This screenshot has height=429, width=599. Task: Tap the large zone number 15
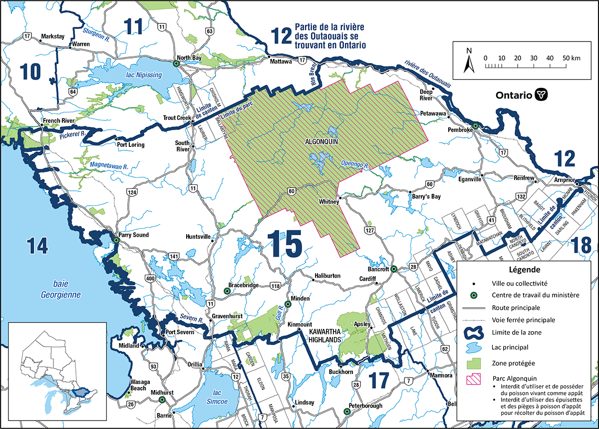point(286,244)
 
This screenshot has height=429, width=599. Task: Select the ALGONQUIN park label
point(322,141)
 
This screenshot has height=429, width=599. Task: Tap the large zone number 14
point(38,245)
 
